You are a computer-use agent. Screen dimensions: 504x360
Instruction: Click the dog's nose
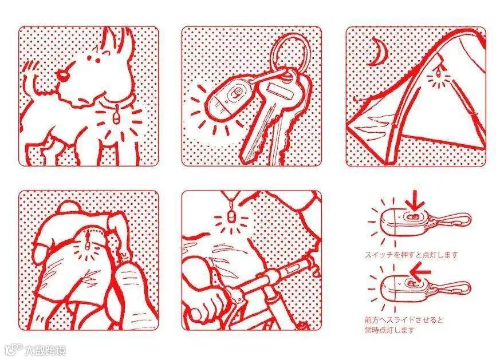(x=62, y=74)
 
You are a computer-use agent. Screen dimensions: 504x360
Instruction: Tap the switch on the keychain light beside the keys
(x=235, y=93)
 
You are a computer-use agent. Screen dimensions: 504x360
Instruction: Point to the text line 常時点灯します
(x=389, y=330)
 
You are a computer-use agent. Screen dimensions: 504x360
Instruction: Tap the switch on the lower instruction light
(x=411, y=283)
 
